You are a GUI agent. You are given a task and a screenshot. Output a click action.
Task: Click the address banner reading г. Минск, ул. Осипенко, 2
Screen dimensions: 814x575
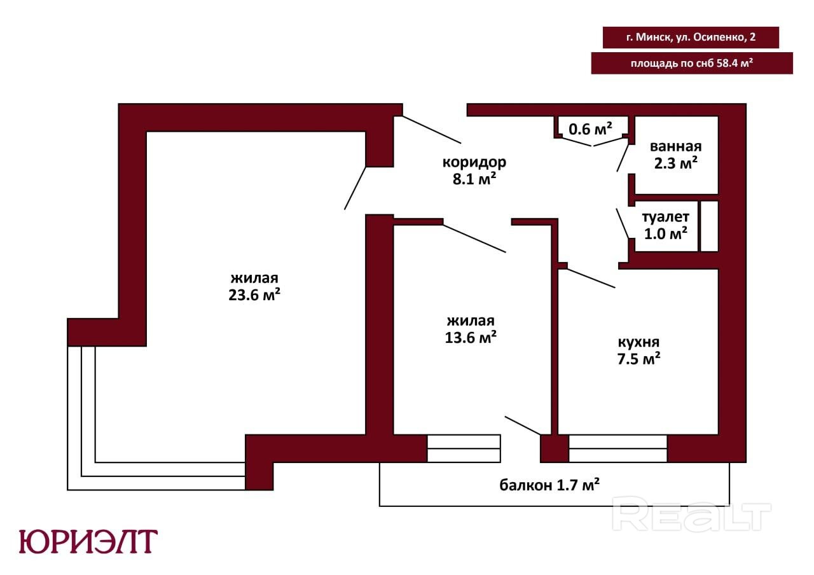[691, 37]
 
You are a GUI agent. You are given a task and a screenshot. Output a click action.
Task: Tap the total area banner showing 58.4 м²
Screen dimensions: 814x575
[692, 63]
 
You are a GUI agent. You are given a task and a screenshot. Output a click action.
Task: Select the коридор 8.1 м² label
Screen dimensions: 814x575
[474, 170]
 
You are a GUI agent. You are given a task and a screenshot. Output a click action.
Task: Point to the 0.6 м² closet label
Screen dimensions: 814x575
[590, 128]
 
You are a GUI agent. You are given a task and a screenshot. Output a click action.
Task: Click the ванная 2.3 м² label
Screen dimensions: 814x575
[675, 155]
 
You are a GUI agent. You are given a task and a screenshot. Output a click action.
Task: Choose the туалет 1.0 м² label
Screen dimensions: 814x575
[666, 225]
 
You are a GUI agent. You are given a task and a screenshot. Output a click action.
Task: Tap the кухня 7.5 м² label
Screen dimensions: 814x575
[639, 350]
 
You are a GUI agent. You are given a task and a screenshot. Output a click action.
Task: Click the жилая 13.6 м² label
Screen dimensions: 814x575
[471, 329]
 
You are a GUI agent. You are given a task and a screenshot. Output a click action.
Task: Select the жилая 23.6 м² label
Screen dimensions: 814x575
[254, 286]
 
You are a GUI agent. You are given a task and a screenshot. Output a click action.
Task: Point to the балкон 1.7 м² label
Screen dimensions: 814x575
[549, 485]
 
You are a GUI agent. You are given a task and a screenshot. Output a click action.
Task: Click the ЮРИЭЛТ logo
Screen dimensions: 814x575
[88, 541]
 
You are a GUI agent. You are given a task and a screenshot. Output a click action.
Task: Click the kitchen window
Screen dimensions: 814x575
[617, 448]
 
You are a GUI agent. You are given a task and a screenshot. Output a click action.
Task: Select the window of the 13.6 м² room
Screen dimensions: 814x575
[464, 448]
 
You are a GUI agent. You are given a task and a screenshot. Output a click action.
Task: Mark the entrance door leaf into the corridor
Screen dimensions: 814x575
[432, 129]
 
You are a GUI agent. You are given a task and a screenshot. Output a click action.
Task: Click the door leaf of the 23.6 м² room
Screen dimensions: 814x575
[355, 188]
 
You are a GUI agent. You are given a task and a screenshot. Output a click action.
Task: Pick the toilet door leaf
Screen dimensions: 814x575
[623, 223]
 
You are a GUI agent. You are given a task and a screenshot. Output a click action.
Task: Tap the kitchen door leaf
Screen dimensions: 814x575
[591, 279]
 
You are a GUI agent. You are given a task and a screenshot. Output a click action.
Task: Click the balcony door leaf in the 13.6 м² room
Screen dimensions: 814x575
[523, 426]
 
